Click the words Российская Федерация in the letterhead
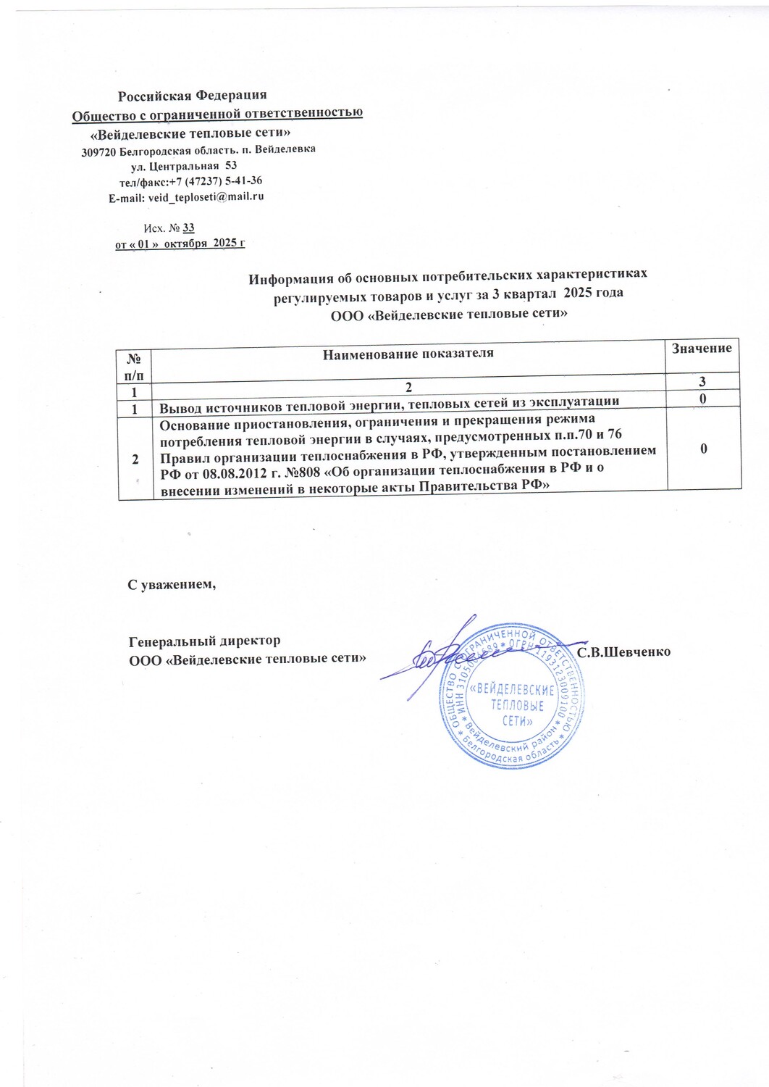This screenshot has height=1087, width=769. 193,95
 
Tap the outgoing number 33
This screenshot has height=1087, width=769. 188,228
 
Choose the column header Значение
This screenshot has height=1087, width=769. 702,349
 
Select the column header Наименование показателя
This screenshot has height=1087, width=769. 408,354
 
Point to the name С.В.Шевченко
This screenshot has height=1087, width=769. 624,652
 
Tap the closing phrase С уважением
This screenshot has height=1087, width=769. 172,584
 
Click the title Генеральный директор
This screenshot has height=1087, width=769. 204,641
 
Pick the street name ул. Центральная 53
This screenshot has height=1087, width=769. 179,166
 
